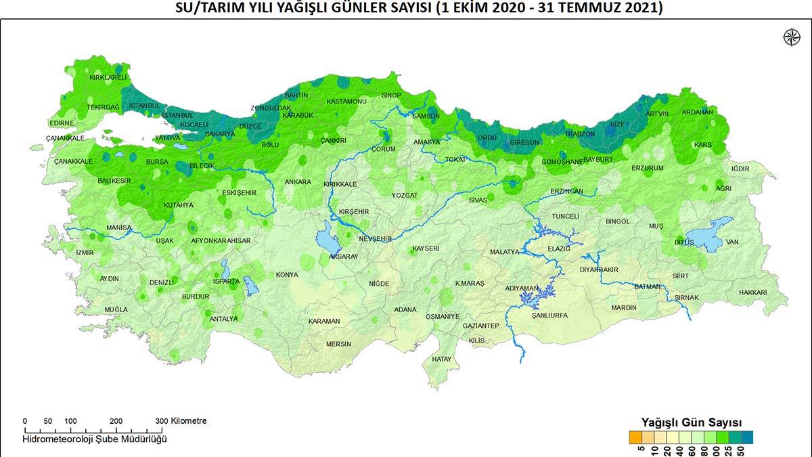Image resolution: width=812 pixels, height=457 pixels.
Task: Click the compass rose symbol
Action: (790, 37)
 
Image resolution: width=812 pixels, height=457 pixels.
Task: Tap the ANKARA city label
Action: (298, 182)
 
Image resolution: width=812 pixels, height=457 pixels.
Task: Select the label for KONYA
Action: (287, 275)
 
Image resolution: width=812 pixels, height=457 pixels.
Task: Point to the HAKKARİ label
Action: (753, 292)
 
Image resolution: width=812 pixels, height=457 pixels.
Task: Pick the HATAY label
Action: (441, 359)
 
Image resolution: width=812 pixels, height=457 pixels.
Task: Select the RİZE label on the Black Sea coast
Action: (617, 124)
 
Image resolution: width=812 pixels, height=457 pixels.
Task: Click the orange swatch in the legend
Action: (635, 436)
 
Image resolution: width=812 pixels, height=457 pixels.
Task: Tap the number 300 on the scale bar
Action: (161, 421)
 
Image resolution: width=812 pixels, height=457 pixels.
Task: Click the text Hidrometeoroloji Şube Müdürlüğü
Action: (94, 439)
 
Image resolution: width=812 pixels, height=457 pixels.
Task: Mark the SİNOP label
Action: (391, 95)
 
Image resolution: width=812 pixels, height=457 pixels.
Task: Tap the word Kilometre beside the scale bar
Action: (189, 421)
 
